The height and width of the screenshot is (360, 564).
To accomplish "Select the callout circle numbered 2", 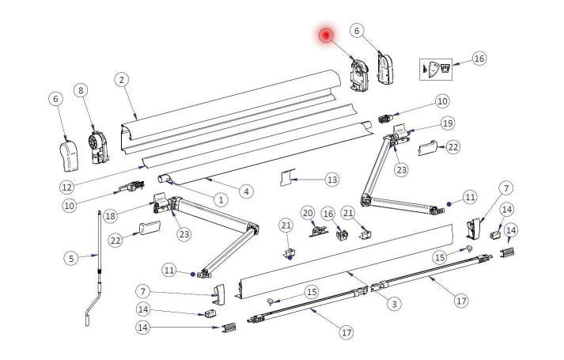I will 121,79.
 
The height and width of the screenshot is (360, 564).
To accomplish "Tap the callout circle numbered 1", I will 220,200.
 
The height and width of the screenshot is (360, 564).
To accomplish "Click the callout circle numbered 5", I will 71,257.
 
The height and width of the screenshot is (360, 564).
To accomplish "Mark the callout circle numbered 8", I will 80,91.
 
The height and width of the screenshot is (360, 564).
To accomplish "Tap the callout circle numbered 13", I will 331,180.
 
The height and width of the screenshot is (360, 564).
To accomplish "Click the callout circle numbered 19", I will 447,123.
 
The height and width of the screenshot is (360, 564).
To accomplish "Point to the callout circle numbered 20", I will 307,212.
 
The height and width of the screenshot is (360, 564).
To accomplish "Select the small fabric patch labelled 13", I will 286,176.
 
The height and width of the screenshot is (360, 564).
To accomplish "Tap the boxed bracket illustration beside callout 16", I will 437,69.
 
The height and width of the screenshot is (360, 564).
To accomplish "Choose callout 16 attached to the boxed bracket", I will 479,59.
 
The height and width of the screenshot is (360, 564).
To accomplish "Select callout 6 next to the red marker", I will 358,31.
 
